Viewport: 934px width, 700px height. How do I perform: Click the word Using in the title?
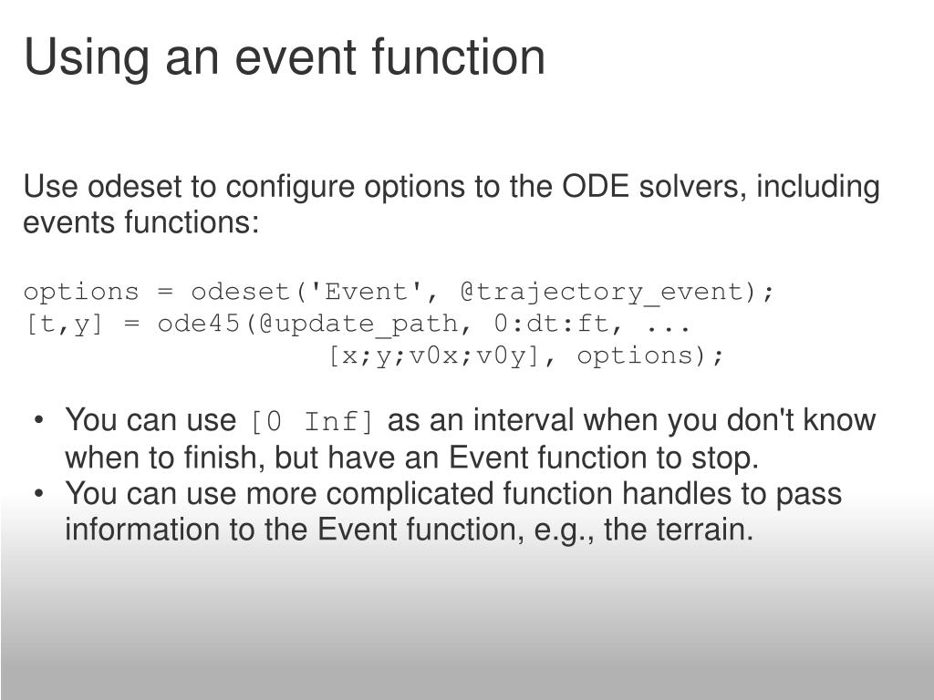pyautogui.click(x=87, y=57)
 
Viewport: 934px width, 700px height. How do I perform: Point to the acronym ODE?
pyautogui.click(x=595, y=186)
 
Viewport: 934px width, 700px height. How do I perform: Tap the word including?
pyautogui.click(x=818, y=187)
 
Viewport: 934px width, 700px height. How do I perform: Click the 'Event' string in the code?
pyautogui.click(x=365, y=292)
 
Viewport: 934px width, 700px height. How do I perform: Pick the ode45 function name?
pyautogui.click(x=198, y=324)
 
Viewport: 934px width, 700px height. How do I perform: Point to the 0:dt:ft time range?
pyautogui.click(x=551, y=324)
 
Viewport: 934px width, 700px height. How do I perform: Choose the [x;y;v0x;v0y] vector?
pyautogui.click(x=435, y=356)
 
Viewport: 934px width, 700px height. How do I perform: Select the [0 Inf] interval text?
pyautogui.click(x=312, y=421)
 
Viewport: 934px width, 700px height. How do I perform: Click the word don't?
pyautogui.click(x=760, y=419)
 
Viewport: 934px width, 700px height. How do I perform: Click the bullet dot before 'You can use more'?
pyautogui.click(x=39, y=493)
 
